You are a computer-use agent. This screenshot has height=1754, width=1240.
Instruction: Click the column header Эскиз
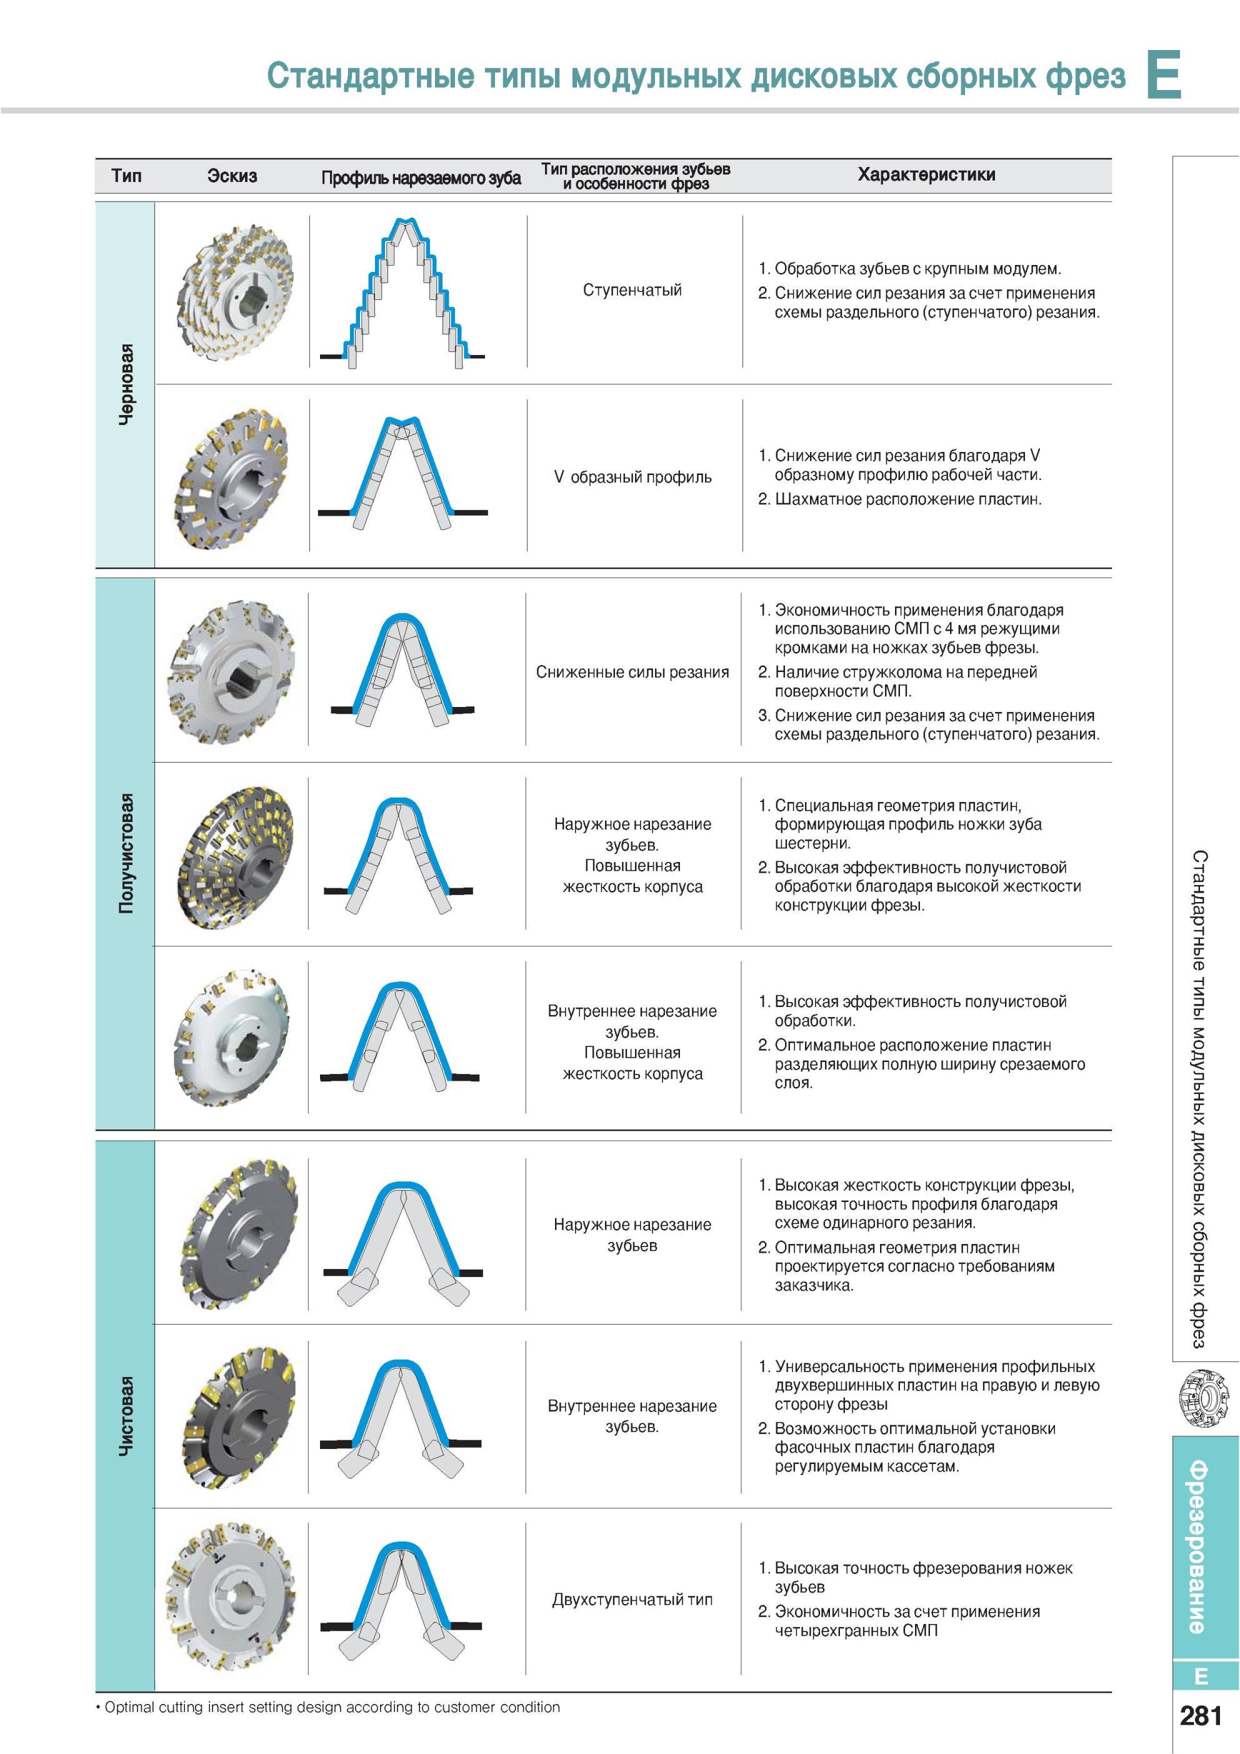tap(232, 176)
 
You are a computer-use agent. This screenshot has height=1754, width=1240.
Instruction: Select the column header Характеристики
tap(926, 175)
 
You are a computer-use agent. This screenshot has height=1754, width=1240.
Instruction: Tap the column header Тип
tap(126, 176)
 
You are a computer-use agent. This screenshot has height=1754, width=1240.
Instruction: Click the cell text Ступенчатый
tap(632, 290)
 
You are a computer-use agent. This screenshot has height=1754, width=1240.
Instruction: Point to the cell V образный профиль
tap(632, 478)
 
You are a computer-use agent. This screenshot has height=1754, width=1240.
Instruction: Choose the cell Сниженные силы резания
tap(632, 672)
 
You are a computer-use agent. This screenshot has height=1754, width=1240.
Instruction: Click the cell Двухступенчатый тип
tap(632, 1600)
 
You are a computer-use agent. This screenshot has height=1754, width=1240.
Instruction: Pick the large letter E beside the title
tap(1164, 74)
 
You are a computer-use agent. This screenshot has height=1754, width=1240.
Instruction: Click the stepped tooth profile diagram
tap(402, 293)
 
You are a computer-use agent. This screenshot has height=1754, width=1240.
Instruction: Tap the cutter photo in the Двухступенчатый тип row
tap(232, 1600)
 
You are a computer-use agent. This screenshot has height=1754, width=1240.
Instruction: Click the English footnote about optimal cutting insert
tap(329, 1707)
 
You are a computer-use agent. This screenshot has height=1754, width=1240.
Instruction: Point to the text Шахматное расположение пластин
tap(907, 499)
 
